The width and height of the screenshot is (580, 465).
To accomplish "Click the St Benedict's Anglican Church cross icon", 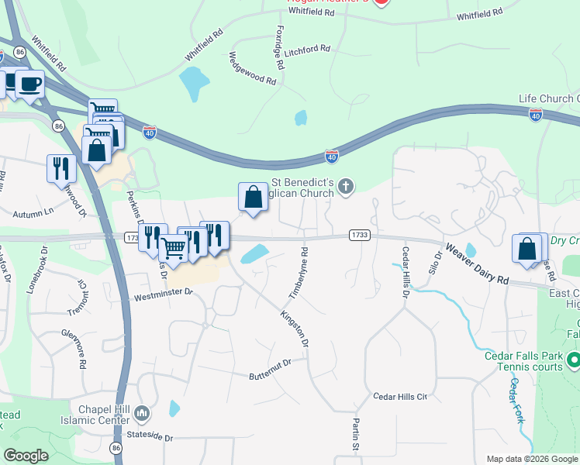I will point(347,185).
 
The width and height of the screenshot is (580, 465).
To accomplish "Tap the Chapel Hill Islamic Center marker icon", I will point(141,415).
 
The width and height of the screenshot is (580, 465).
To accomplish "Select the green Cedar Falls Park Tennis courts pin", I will point(573,360).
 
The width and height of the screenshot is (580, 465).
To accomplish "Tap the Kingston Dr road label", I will point(295,328).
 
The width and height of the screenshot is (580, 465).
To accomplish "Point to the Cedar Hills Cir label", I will point(400,396).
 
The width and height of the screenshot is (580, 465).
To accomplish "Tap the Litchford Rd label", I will point(307,49).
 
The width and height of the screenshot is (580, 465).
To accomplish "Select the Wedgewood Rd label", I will point(253,69).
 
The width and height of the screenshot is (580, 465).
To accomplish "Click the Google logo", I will point(26,455).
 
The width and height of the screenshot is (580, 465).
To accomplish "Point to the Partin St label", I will point(354,435).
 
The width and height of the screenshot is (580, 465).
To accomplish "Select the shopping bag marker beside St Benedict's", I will point(253,197).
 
